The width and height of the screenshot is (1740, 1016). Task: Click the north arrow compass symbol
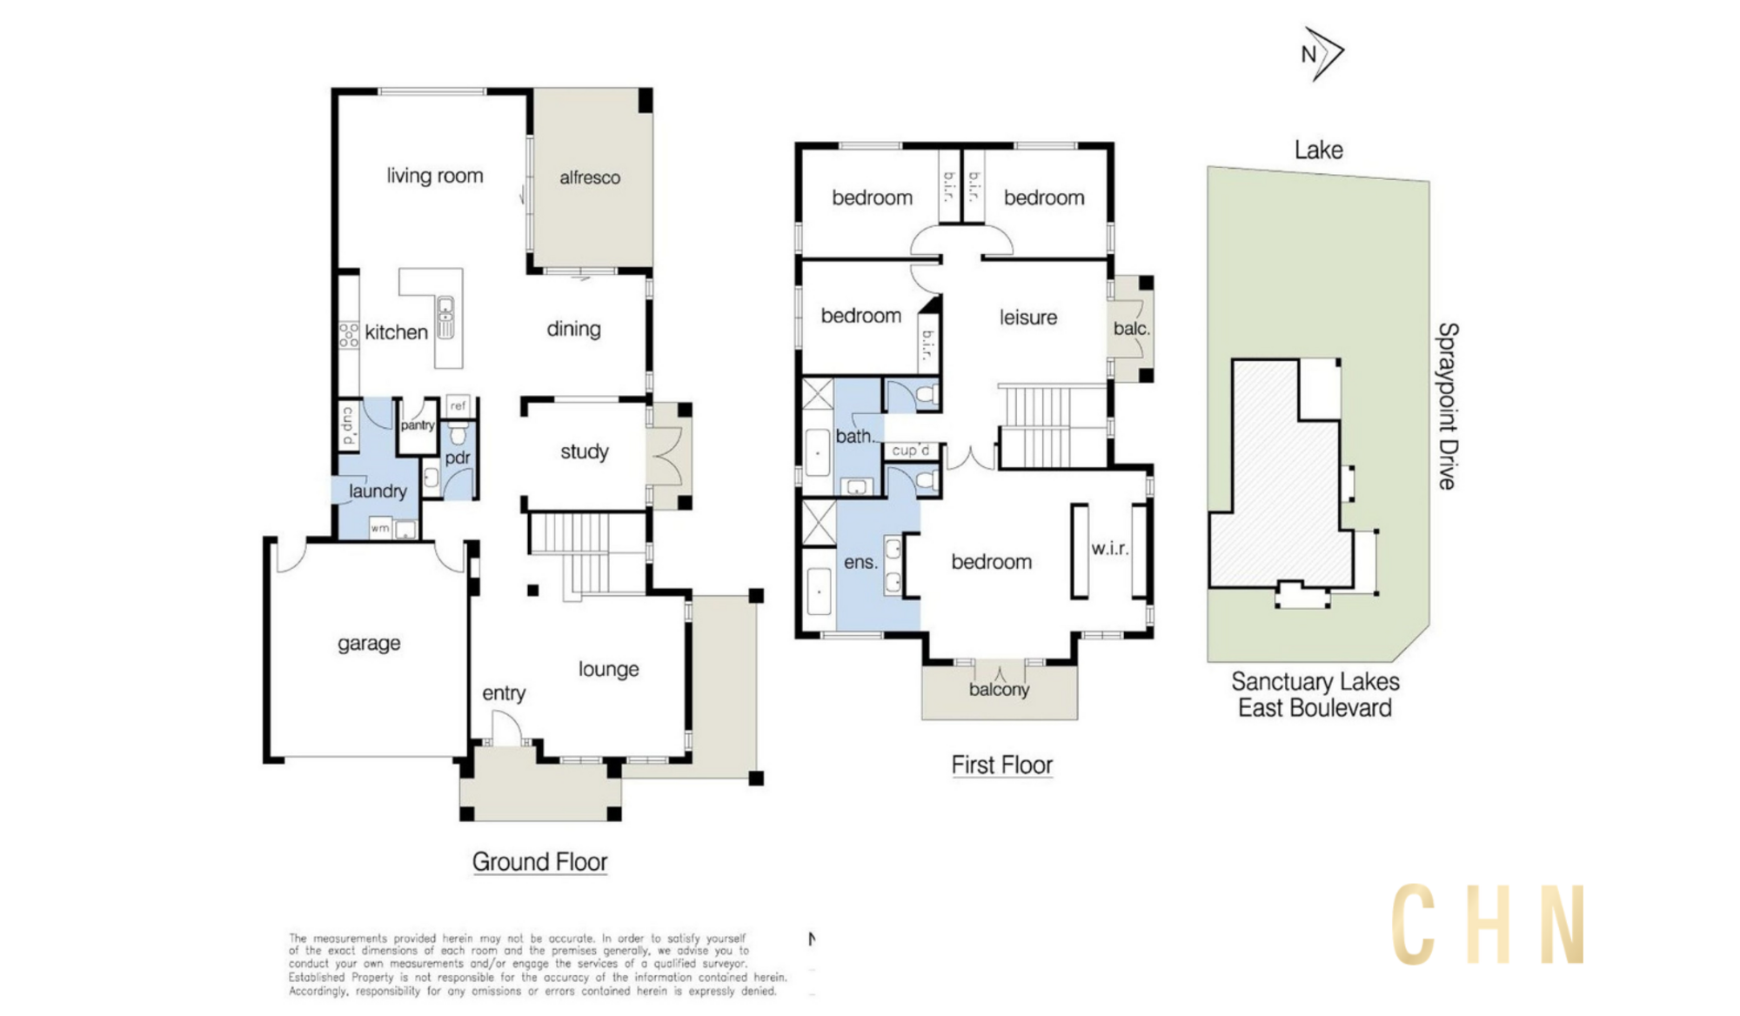click(x=1322, y=54)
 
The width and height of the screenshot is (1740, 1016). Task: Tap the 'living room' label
click(x=435, y=176)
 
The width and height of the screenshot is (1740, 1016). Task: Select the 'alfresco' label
click(x=590, y=177)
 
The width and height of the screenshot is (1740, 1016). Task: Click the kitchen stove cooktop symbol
click(x=349, y=335)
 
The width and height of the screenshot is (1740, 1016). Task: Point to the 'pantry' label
click(x=418, y=425)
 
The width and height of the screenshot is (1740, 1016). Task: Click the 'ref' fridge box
click(x=458, y=405)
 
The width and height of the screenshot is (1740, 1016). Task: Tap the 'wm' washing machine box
click(x=380, y=528)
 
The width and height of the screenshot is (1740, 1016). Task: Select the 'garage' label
click(x=369, y=644)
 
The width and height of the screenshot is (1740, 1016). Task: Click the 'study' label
click(x=585, y=451)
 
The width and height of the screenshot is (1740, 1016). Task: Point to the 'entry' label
click(x=504, y=693)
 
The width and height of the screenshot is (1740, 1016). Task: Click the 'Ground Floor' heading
click(x=539, y=862)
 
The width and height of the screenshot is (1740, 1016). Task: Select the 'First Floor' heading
click(x=1002, y=765)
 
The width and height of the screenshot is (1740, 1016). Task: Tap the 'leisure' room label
click(x=1028, y=317)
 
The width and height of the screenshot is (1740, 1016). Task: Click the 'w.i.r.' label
click(x=1110, y=549)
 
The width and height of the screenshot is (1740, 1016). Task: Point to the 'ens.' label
click(x=860, y=563)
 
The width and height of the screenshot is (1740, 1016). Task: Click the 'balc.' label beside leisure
click(x=1132, y=329)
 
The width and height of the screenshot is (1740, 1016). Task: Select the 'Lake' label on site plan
click(x=1319, y=150)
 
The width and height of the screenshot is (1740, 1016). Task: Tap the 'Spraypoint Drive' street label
click(x=1448, y=406)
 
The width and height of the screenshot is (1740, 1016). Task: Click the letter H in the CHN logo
click(x=1489, y=925)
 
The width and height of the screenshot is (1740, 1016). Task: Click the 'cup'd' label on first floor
click(x=911, y=451)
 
